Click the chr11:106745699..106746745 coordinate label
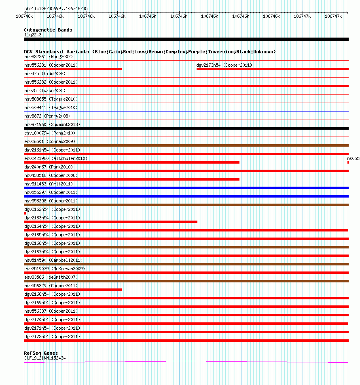click(x=56, y=8)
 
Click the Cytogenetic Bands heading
click(x=48, y=30)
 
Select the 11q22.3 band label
click(x=33, y=35)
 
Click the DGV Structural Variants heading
click(x=150, y=52)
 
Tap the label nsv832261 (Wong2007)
click(x=49, y=57)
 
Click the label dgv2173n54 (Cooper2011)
click(x=224, y=65)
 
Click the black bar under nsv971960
click(x=186, y=128)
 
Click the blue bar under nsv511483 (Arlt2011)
click(x=186, y=188)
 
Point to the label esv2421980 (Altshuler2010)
click(x=56, y=158)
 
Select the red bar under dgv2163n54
click(x=110, y=222)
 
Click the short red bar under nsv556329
click(x=73, y=290)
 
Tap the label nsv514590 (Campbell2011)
click(x=53, y=260)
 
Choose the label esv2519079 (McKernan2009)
click(x=55, y=269)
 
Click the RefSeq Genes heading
click(x=41, y=353)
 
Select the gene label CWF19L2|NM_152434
click(x=45, y=358)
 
